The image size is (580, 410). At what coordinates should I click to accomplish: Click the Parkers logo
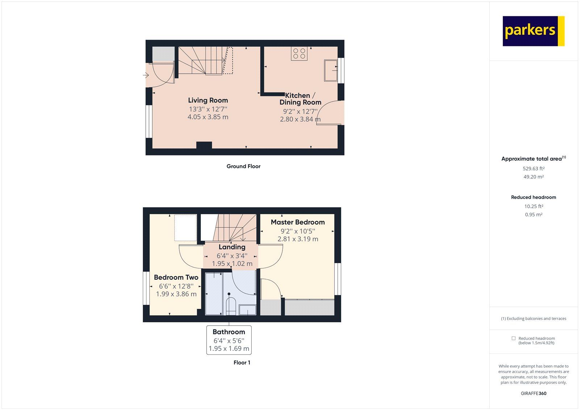click(x=533, y=31)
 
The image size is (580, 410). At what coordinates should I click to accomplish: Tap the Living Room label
click(x=208, y=100)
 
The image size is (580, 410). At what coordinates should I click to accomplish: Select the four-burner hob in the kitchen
click(x=299, y=54)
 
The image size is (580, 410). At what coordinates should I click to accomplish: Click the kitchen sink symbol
click(x=331, y=70)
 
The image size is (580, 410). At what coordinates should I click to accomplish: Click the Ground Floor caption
click(x=243, y=166)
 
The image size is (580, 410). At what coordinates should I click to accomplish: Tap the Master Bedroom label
click(x=298, y=222)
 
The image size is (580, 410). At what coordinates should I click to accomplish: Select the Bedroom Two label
click(x=176, y=277)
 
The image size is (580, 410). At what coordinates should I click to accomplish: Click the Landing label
click(x=232, y=247)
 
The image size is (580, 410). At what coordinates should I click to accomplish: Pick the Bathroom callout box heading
click(x=229, y=332)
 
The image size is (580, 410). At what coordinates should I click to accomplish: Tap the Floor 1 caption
click(x=242, y=363)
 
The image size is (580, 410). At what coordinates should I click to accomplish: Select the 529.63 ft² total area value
click(x=533, y=169)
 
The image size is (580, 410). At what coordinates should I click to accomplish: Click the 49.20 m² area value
click(x=533, y=177)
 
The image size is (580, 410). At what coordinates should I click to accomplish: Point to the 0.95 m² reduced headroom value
click(x=533, y=215)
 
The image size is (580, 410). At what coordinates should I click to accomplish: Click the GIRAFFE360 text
click(x=533, y=393)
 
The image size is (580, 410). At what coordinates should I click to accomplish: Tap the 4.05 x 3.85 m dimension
click(x=208, y=117)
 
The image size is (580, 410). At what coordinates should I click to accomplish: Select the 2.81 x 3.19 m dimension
click(x=298, y=239)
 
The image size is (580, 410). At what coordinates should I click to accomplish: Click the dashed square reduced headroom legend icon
click(x=513, y=338)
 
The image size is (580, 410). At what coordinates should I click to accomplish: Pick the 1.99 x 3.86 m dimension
click(x=176, y=294)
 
